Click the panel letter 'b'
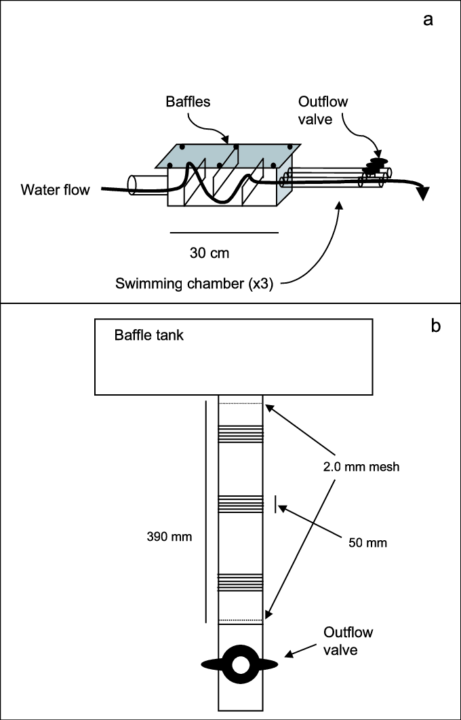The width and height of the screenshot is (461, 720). [x=436, y=326]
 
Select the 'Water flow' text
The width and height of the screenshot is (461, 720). [x=54, y=190]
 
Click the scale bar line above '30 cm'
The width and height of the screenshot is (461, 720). [x=224, y=233]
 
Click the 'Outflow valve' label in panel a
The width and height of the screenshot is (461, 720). [x=323, y=110]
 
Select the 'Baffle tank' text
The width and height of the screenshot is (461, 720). [x=148, y=335]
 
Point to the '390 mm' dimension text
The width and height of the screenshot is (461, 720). [x=169, y=536]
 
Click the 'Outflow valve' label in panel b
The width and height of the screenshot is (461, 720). [x=348, y=641]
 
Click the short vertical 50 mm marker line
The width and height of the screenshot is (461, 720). [x=276, y=504]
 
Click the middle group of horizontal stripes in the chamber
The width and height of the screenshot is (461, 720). [x=240, y=503]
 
